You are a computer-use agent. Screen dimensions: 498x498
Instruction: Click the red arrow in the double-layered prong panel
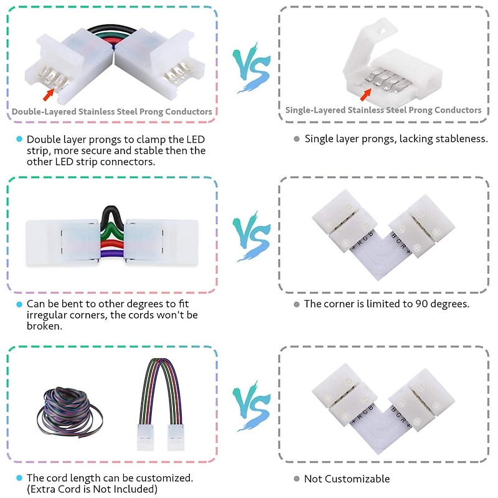[49, 95]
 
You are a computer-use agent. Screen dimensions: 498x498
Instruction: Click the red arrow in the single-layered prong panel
[366, 95]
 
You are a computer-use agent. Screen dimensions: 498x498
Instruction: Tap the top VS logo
[251, 68]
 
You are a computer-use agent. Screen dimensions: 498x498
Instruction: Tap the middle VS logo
[251, 237]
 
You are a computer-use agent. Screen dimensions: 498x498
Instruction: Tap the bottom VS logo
[251, 406]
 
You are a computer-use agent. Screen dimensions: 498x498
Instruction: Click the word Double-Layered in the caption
[44, 112]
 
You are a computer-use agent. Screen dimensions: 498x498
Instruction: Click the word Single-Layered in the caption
[316, 110]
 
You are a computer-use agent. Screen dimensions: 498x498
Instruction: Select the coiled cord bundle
[70, 412]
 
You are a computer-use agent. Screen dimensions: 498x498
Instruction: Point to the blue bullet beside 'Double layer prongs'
[19, 139]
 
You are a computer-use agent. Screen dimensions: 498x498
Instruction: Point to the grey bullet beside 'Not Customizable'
[297, 479]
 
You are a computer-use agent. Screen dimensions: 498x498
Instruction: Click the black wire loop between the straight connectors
[112, 217]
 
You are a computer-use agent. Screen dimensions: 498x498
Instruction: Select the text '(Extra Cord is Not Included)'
[92, 489]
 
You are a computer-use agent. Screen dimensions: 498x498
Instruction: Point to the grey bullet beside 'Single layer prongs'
[297, 139]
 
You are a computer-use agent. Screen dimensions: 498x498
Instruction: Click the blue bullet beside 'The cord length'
[19, 477]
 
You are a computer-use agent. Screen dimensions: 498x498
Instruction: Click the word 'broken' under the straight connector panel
[44, 326]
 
